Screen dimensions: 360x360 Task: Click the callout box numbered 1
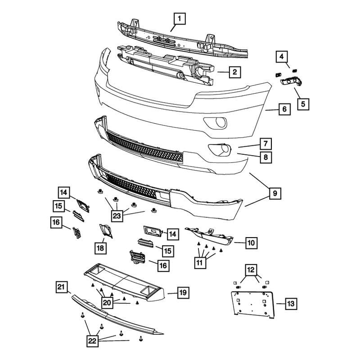click(179, 18)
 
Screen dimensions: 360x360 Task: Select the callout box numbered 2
click(234, 71)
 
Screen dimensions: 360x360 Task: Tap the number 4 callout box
click(281, 57)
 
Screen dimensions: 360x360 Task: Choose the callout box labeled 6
click(284, 109)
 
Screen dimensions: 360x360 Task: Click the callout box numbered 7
click(265, 144)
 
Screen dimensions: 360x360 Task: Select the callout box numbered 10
click(251, 243)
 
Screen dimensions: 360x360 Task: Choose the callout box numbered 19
click(183, 293)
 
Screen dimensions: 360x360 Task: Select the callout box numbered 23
click(117, 216)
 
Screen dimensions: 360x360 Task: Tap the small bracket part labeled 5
click(292, 81)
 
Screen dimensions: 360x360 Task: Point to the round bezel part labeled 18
click(107, 231)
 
